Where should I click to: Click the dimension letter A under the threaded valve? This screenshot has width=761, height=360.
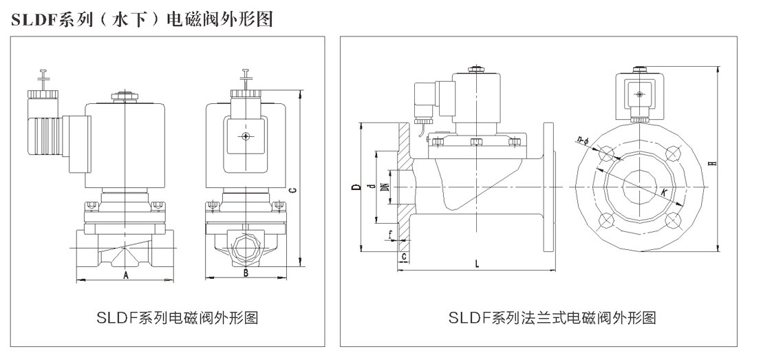click(x=125, y=275)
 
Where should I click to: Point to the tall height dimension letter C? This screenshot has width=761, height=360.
click(x=293, y=190)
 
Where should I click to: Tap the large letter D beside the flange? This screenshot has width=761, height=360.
click(x=354, y=186)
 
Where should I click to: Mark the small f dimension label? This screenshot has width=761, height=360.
click(x=390, y=235)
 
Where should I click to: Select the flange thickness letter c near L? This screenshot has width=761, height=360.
click(x=404, y=256)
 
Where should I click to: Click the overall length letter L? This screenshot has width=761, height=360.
click(x=478, y=264)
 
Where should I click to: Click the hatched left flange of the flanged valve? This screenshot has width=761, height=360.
click(x=405, y=186)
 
